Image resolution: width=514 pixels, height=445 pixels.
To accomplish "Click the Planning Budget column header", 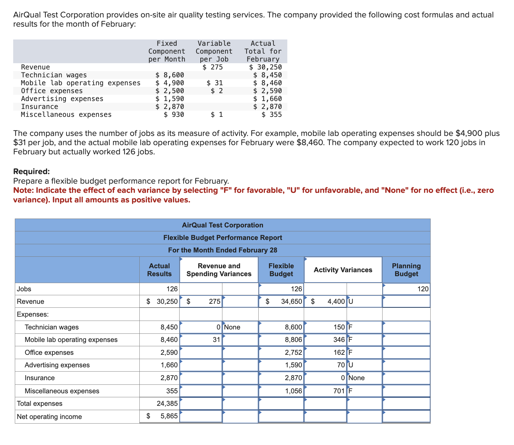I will coord(406,270).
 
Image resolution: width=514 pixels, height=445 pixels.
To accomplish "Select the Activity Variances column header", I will coord(343,270).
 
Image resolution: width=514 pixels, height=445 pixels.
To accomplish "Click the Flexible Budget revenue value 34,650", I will coord(291,301).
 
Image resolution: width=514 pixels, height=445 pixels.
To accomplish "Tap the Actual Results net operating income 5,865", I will coord(169,416).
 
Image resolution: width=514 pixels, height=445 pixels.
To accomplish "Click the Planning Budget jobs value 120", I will coord(423,289).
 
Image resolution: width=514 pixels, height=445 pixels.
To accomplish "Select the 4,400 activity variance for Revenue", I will coord(336,301).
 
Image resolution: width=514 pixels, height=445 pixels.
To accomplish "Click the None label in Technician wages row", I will coord(232,327).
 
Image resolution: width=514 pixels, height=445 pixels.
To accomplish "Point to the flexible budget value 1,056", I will coord(293,391).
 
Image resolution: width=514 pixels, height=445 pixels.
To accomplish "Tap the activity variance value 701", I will coord(339,391).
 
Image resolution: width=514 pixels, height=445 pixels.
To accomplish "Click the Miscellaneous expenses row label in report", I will coord(62,391).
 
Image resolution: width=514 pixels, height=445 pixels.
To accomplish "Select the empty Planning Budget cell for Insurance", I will coord(406,378).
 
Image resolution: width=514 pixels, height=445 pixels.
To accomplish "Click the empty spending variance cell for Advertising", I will coord(201,365).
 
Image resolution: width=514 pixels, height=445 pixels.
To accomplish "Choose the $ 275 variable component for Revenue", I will coord(213,67).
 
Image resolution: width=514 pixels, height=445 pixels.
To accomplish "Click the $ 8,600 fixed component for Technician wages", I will coord(170,75).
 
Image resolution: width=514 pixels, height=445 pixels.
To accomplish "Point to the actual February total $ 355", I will coord(271,115).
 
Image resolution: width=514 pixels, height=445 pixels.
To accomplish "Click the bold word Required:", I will coord(32,171).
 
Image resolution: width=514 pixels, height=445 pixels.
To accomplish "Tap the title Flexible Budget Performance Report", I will coord(223,238).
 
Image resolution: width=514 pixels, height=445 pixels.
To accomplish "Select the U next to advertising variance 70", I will coord(351,365).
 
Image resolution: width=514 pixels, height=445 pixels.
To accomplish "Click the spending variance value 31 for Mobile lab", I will coord(216,340).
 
